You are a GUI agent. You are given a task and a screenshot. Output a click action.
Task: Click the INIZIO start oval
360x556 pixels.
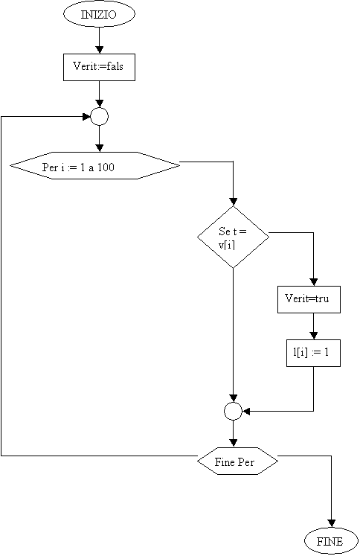click(x=99, y=14)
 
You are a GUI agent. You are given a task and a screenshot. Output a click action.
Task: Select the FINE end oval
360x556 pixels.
click(x=331, y=541)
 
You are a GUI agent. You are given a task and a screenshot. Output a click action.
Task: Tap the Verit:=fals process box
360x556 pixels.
click(x=99, y=68)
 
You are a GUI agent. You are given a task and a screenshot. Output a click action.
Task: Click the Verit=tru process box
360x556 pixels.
click(x=309, y=299)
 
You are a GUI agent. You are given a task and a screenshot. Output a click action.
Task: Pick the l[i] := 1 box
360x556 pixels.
click(x=313, y=353)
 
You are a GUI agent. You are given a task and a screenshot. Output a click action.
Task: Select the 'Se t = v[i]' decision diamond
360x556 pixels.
click(x=233, y=237)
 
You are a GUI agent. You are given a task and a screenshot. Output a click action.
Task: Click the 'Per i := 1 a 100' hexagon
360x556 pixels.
click(x=95, y=165)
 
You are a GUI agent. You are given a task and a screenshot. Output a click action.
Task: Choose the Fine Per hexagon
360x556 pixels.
click(x=237, y=461)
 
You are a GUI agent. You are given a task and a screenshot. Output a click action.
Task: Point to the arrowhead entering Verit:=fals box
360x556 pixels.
click(x=99, y=50)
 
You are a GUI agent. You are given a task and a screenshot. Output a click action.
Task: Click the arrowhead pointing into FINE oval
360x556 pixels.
click(x=331, y=524)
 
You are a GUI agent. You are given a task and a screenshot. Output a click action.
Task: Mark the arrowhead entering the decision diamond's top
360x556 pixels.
click(x=233, y=202)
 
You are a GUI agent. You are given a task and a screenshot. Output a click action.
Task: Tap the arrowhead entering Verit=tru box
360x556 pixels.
click(x=314, y=282)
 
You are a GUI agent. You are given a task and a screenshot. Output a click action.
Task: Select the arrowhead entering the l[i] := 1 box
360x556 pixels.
click(x=314, y=336)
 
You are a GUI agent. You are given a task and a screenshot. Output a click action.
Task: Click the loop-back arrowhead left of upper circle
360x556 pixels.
click(x=86, y=117)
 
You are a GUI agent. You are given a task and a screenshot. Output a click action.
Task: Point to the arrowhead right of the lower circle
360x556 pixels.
click(x=247, y=412)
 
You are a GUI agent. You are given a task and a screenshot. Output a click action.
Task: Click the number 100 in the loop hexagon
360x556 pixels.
click(x=106, y=167)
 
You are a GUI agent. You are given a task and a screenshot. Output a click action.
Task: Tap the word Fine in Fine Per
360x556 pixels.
click(x=225, y=462)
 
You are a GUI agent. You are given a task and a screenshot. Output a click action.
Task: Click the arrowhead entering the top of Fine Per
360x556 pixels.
click(x=233, y=444)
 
